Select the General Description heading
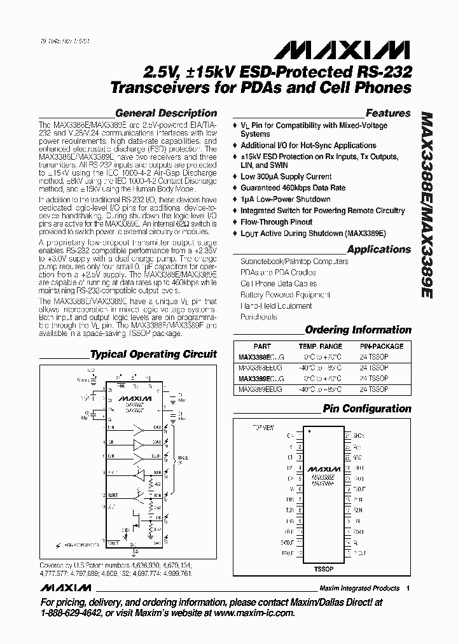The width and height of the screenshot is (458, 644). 164,113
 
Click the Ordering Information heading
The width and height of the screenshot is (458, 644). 358,330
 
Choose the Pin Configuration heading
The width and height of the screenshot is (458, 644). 367,409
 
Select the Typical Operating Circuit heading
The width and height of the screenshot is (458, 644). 153,354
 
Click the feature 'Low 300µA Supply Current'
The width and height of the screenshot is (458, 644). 286,177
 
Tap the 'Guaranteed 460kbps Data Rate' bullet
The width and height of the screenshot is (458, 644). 293,188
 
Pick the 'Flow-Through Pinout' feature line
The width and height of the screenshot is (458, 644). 276,222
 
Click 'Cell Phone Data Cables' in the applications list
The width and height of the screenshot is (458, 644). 278,284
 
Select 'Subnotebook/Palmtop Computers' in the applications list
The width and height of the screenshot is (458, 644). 294,262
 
